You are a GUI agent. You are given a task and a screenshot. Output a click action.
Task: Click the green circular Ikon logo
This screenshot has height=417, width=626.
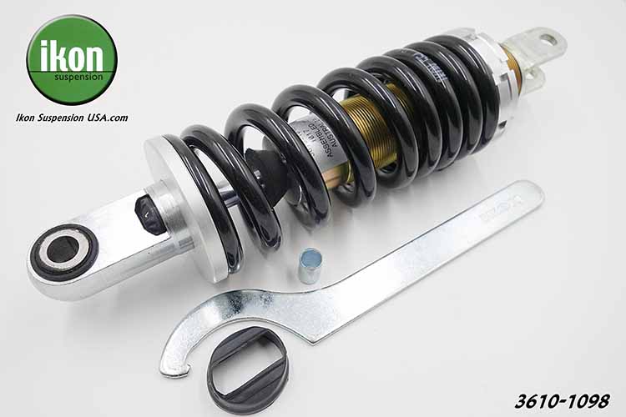pos(72,59)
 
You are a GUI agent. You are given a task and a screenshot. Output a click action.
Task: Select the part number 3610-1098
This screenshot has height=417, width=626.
pos(562,399)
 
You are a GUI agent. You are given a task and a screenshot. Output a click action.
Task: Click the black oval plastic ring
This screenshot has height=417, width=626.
pos(247,368)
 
